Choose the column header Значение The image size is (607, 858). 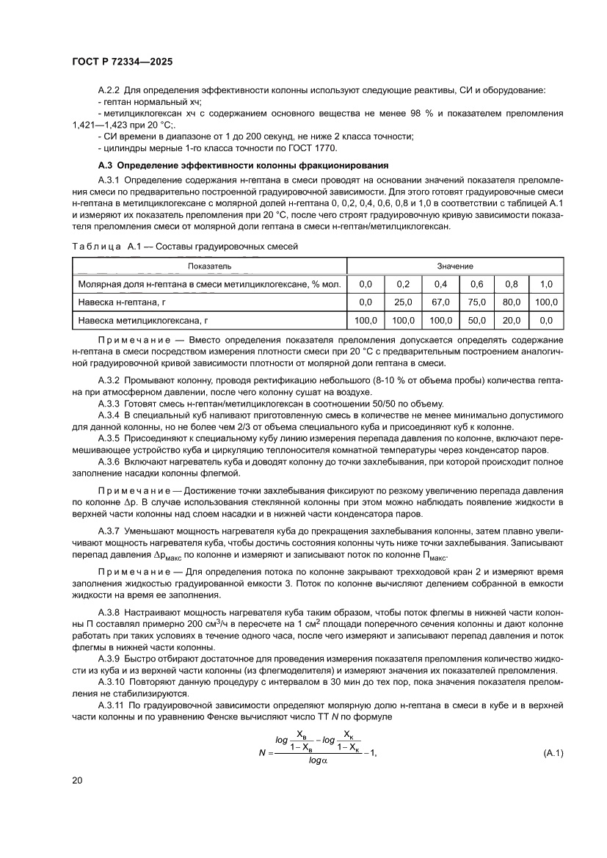point(455,265)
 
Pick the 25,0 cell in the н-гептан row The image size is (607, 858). point(403,302)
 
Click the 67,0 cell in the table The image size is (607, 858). point(440,302)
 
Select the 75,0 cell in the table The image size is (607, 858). point(477,302)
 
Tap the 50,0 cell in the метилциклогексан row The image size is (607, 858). point(477,320)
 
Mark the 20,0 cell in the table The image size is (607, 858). point(512,320)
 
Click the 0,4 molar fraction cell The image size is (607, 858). point(440,283)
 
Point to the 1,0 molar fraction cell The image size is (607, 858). point(546,283)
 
